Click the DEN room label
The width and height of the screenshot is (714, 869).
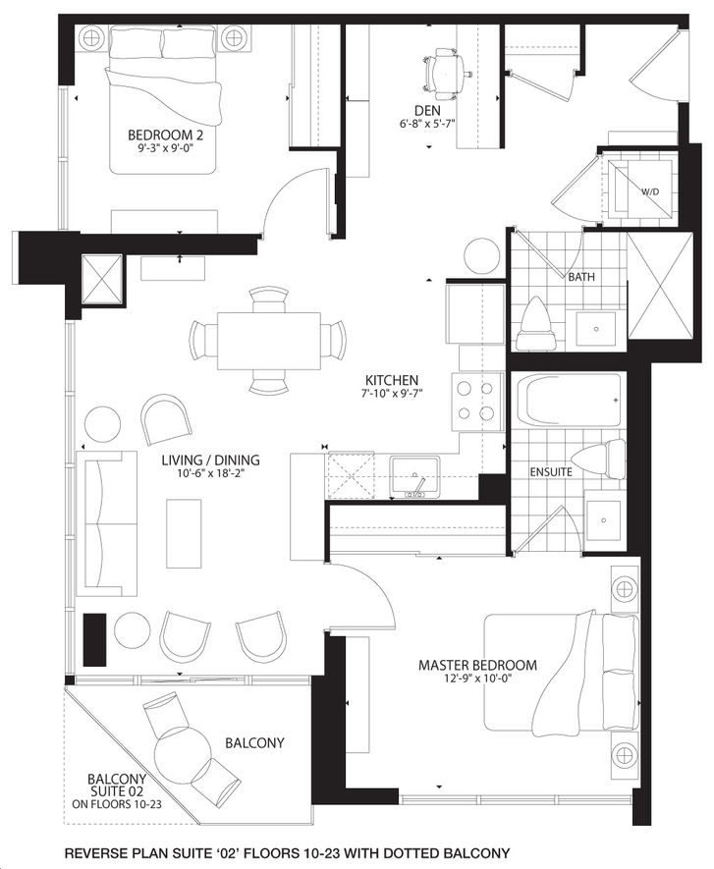(427, 110)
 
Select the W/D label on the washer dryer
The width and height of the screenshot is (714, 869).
(650, 191)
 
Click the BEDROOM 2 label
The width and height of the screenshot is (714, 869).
(165, 135)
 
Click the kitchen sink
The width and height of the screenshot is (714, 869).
(414, 476)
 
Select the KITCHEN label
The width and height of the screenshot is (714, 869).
(391, 381)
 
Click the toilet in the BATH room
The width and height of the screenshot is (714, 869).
(535, 324)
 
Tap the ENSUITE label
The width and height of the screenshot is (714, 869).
(551, 472)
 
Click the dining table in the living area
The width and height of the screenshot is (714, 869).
(269, 341)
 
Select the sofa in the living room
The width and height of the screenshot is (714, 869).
(107, 523)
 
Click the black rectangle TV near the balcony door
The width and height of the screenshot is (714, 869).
(94, 639)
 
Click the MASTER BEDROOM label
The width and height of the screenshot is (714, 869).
(477, 665)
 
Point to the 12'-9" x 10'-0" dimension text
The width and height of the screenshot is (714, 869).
(477, 679)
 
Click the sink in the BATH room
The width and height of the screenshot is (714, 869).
(595, 329)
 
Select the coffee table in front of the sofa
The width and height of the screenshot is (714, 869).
(184, 533)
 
